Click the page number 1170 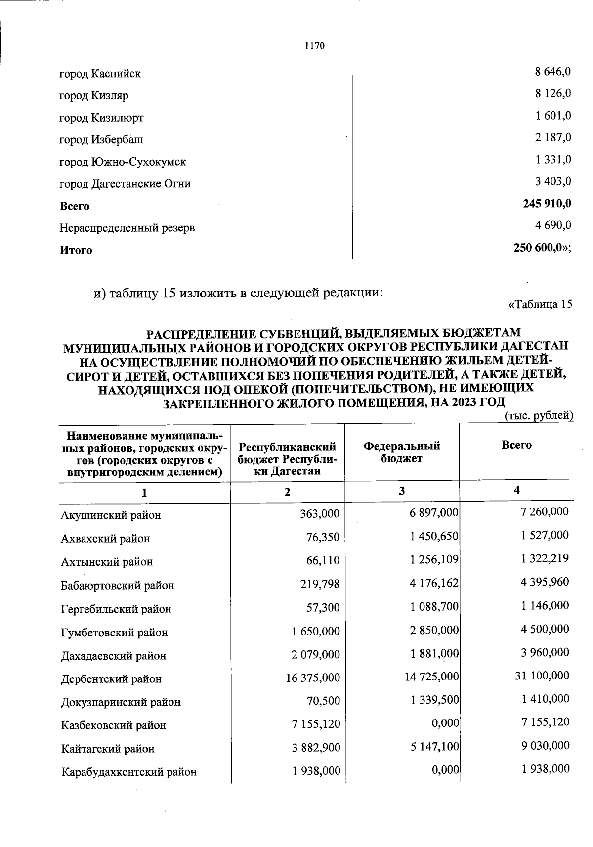[315, 46]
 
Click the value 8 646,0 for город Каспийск [552, 71]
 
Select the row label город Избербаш [101, 140]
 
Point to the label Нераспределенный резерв [127, 228]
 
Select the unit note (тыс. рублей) [539, 416]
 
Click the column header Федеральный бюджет [401, 452]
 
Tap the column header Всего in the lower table [516, 445]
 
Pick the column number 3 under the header [402, 491]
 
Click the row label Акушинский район [111, 515]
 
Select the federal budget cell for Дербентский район [431, 676]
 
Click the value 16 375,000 [313, 678]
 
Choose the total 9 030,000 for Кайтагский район [545, 745]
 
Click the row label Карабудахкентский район [128, 771]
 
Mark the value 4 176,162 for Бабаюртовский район [434, 583]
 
